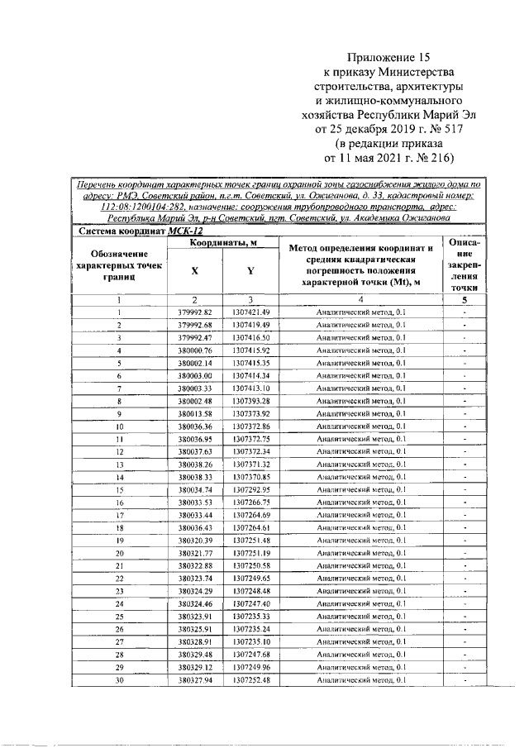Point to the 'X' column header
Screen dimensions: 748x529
195,271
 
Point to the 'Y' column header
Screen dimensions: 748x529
250,271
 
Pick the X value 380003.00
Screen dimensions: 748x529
196,375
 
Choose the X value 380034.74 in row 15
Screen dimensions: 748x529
196,490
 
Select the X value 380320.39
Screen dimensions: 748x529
196,540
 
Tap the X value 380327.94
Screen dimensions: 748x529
196,679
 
